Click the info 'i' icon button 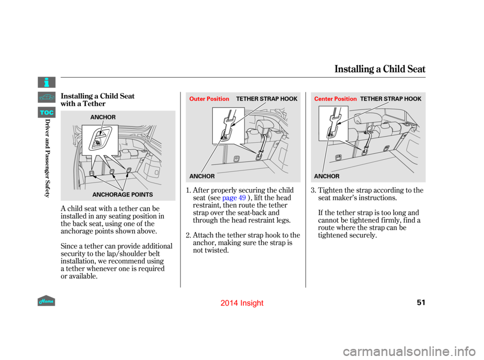46,82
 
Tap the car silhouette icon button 46,97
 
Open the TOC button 46,112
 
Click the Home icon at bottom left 46,301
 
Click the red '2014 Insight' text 242,303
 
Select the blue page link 234,198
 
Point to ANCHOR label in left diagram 103,117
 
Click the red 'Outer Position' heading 209,99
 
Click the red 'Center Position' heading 335,99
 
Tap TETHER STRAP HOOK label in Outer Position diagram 267,99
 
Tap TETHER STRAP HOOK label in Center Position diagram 391,99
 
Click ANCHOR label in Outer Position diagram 202,176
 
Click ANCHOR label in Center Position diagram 327,176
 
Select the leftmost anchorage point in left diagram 92,173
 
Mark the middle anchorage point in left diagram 112,171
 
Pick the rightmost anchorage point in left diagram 129,170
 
